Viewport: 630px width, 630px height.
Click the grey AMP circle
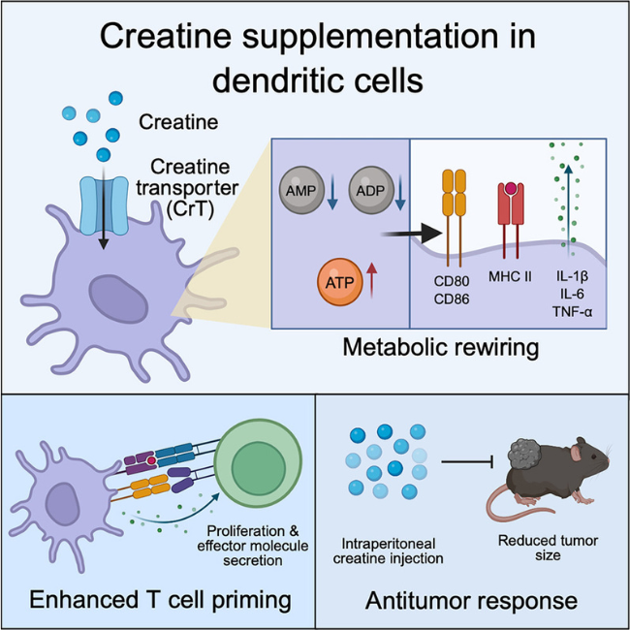tap(301, 190)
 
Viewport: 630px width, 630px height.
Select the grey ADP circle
tap(370, 190)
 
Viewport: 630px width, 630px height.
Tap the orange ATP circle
tap(339, 282)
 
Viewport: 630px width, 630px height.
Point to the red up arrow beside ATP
tap(372, 280)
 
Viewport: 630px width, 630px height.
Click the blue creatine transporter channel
tap(104, 205)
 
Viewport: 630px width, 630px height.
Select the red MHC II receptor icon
tap(511, 220)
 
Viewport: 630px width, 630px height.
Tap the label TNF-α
tap(572, 312)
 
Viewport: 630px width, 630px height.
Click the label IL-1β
tap(572, 277)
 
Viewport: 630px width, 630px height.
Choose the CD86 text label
tap(452, 299)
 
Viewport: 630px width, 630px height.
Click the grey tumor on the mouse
tap(525, 454)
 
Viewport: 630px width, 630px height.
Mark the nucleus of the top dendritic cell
tap(118, 299)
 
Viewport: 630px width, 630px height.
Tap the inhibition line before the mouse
tap(467, 462)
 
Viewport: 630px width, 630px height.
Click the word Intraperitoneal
tap(389, 544)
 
